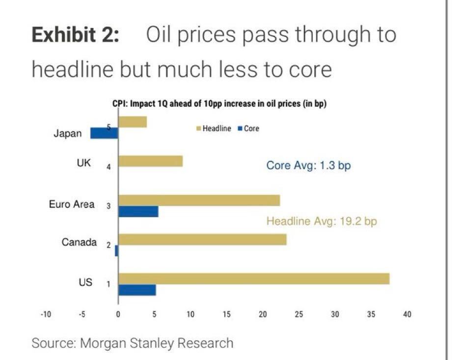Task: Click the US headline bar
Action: (254, 279)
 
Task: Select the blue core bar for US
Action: (137, 290)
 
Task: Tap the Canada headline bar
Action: (202, 239)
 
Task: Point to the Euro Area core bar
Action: (138, 211)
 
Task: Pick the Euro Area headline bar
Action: (199, 200)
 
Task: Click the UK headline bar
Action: (150, 161)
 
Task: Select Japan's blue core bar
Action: (104, 133)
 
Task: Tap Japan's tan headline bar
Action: (133, 122)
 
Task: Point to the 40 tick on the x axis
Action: (407, 314)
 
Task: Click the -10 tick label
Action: (46, 314)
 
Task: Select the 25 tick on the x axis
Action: (299, 314)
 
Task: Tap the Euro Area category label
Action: (72, 205)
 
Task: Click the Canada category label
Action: (79, 242)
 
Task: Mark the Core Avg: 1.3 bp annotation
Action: (308, 166)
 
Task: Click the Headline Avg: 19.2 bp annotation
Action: (322, 221)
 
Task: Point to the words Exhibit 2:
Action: (75, 35)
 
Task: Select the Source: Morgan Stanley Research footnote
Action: (133, 342)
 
